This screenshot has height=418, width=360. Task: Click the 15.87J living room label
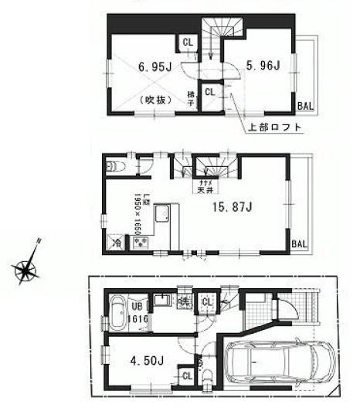tap(230, 206)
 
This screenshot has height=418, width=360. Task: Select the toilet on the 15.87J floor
tap(114, 165)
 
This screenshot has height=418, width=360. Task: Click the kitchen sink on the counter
tap(165, 214)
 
